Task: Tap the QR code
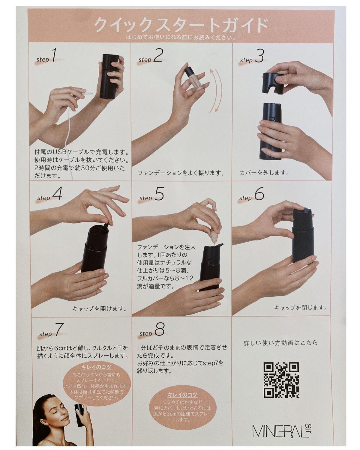coord(281,380)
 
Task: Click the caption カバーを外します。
coord(264,173)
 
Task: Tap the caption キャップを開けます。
coord(100,308)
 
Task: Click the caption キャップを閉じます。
coord(300,308)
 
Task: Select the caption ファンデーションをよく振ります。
coord(181,173)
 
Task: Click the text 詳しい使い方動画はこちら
coord(280,343)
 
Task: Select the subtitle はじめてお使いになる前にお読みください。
coord(181,38)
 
